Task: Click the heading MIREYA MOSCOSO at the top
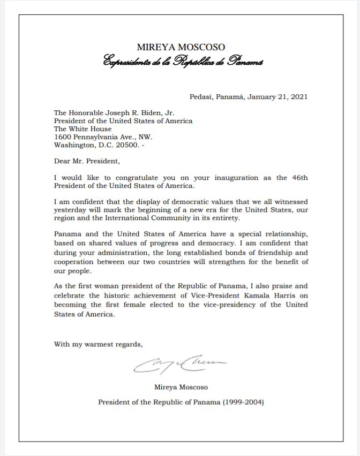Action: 181,47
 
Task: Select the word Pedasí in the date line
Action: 201,97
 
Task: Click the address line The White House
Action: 82,129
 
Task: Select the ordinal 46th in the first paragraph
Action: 298,178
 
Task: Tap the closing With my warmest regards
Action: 98,344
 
